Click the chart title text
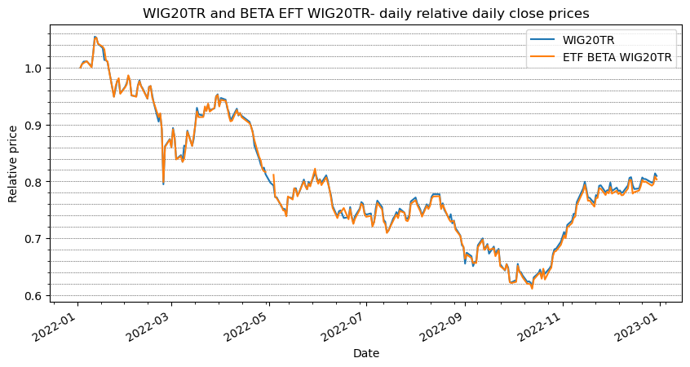365,14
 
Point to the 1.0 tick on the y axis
33,68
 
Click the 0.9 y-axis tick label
33,125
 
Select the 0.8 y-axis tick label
33,182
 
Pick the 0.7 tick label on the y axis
33,239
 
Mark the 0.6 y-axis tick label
33,296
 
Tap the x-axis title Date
365,353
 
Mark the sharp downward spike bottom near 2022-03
163,183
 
